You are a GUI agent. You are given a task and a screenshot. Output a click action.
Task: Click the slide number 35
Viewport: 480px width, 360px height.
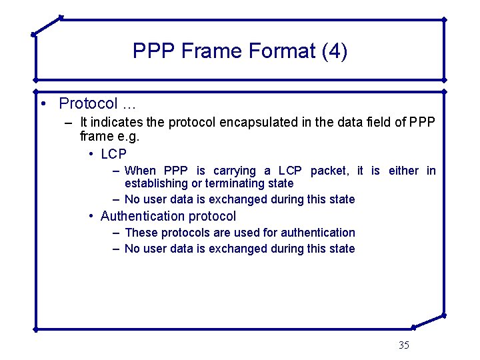pyautogui.click(x=403, y=345)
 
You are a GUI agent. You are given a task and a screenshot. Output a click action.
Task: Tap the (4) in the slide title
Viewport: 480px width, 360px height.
pyautogui.click(x=334, y=51)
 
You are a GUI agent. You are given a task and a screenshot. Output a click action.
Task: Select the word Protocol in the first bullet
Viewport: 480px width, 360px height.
pyautogui.click(x=88, y=103)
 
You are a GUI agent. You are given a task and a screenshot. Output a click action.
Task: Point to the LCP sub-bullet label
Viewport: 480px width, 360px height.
pyautogui.click(x=113, y=154)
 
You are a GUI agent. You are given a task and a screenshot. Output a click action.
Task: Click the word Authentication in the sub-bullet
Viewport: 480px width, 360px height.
pyautogui.click(x=143, y=216)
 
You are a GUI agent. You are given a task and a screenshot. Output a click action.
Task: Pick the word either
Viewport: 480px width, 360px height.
pyautogui.click(x=404, y=171)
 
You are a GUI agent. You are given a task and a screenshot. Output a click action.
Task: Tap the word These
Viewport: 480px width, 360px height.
pyautogui.click(x=140, y=233)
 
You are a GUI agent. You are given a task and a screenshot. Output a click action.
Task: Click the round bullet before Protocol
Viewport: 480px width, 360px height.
pyautogui.click(x=43, y=103)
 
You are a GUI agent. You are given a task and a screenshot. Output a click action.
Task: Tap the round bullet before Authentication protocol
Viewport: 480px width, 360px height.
pyautogui.click(x=91, y=216)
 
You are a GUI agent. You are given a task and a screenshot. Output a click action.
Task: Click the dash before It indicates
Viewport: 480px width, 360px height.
pyautogui.click(x=69, y=122)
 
